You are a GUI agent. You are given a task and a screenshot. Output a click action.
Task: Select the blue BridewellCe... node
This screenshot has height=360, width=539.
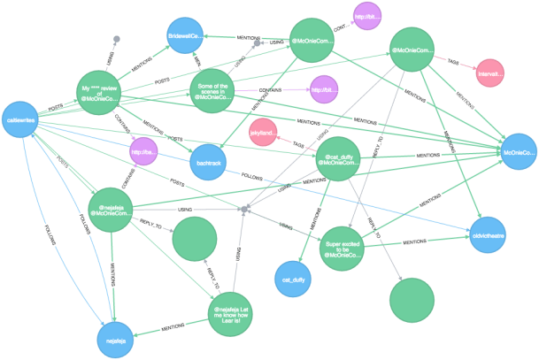186,37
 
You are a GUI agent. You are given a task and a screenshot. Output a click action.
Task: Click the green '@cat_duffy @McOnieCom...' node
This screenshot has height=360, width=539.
336,158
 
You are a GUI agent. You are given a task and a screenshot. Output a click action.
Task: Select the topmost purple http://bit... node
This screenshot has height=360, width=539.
366,17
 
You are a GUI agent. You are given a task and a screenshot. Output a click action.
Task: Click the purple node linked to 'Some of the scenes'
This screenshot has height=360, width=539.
323,88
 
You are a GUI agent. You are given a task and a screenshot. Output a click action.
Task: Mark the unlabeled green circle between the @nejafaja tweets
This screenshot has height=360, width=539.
194,239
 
